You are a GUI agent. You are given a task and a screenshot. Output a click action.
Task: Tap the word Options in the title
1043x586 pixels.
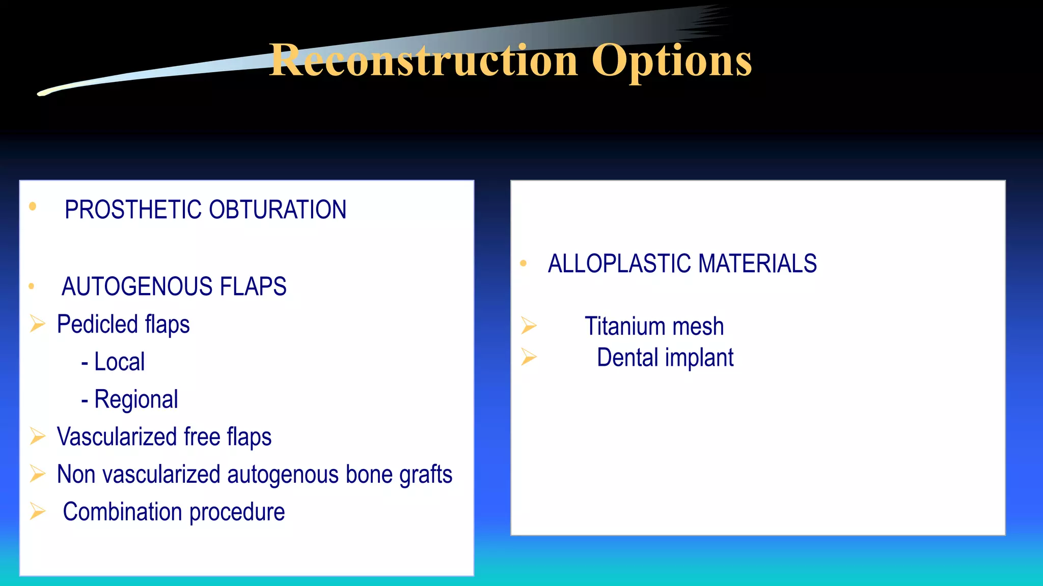(x=671, y=61)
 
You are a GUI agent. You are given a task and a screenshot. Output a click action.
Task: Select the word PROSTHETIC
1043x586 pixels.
(x=133, y=210)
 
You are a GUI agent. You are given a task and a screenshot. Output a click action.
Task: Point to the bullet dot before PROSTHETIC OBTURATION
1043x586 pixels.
(x=33, y=206)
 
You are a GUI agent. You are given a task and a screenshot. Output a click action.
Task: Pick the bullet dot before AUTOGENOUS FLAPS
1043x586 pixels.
(x=32, y=286)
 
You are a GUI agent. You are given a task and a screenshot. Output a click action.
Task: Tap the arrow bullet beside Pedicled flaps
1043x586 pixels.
(x=38, y=324)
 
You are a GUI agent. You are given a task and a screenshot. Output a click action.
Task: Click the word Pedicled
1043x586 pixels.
(x=97, y=325)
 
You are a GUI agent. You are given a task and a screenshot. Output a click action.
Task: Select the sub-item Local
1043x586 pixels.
(x=119, y=362)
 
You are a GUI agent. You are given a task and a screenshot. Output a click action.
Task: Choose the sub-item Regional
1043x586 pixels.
(x=136, y=400)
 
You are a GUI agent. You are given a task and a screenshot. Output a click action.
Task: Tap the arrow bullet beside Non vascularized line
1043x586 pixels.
(x=38, y=474)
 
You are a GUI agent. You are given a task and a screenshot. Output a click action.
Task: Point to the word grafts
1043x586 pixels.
(x=425, y=475)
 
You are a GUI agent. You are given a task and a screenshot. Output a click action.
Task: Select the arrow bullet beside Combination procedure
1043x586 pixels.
(x=38, y=511)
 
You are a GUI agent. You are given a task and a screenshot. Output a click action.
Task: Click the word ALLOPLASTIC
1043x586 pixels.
(x=619, y=264)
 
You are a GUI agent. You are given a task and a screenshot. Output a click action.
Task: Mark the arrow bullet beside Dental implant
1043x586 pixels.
(x=529, y=357)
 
